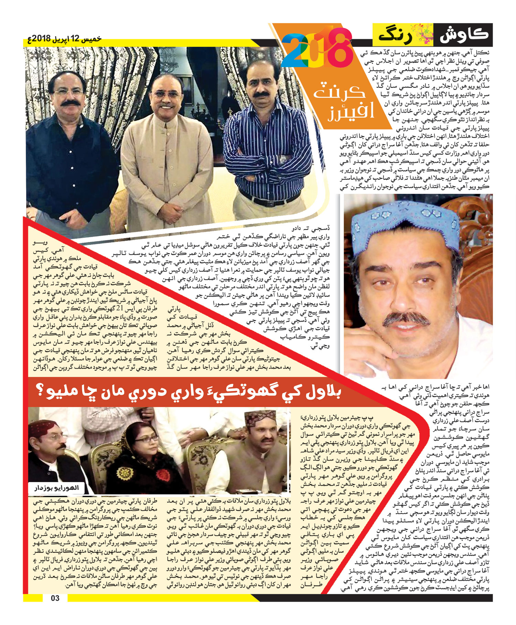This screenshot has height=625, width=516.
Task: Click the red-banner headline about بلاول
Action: (193, 392)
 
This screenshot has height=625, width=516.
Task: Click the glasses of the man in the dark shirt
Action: (68, 92)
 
